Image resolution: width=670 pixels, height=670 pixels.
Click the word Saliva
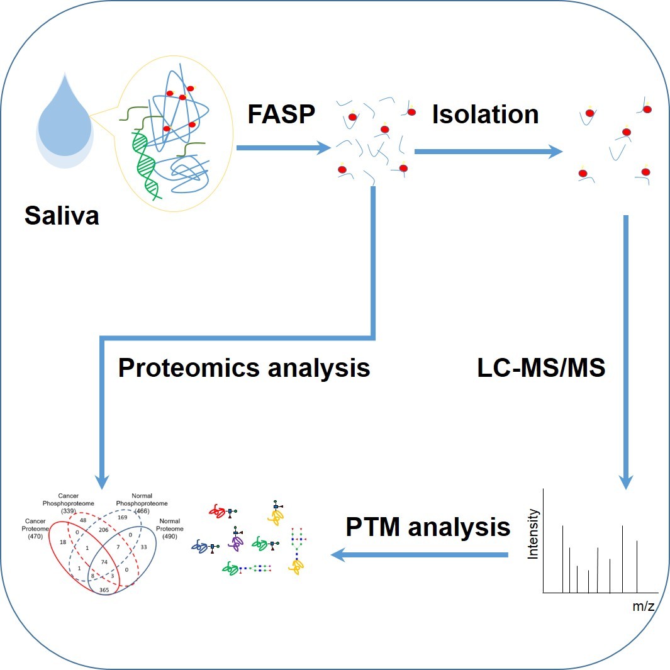[62, 215]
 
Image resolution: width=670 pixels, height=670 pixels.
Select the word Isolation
[485, 114]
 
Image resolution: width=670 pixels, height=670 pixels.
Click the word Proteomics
[188, 367]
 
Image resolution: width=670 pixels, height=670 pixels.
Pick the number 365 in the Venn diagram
[105, 590]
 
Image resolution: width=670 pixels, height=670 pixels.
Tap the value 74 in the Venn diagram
[104, 561]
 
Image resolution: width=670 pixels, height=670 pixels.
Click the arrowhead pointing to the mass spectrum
[625, 481]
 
